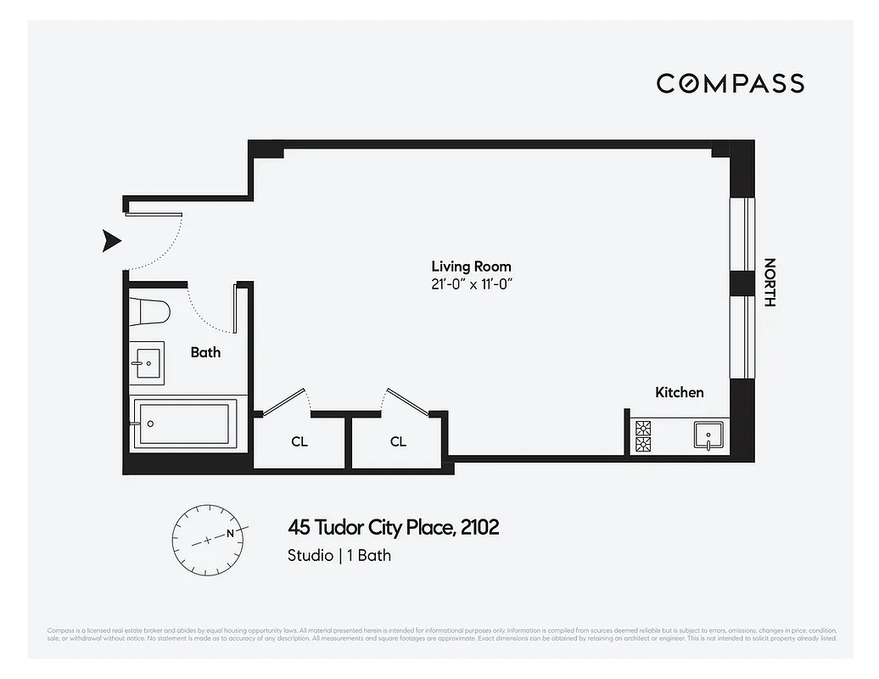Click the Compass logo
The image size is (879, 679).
coord(730,83)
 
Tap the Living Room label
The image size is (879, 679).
coord(471,267)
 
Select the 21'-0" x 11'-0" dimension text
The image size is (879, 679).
coord(471,283)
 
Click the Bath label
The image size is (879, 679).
coord(205,352)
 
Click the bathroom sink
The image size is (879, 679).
coord(147,363)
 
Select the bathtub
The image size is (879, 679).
coord(182,424)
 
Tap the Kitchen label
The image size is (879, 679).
coord(679,392)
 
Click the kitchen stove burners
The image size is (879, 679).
coord(643,435)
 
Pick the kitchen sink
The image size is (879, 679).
coord(707,436)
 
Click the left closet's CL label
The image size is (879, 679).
coord(300,441)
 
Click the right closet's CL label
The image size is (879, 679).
coord(398,441)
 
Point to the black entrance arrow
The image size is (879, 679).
coord(111,241)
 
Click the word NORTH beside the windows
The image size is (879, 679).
coord(770,282)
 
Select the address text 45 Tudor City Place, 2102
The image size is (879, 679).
coord(394,528)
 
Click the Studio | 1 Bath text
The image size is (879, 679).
coord(339,556)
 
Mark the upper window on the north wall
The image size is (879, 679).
coord(742,235)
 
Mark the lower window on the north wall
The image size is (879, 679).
coord(742,337)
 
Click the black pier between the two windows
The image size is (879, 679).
coord(742,283)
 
